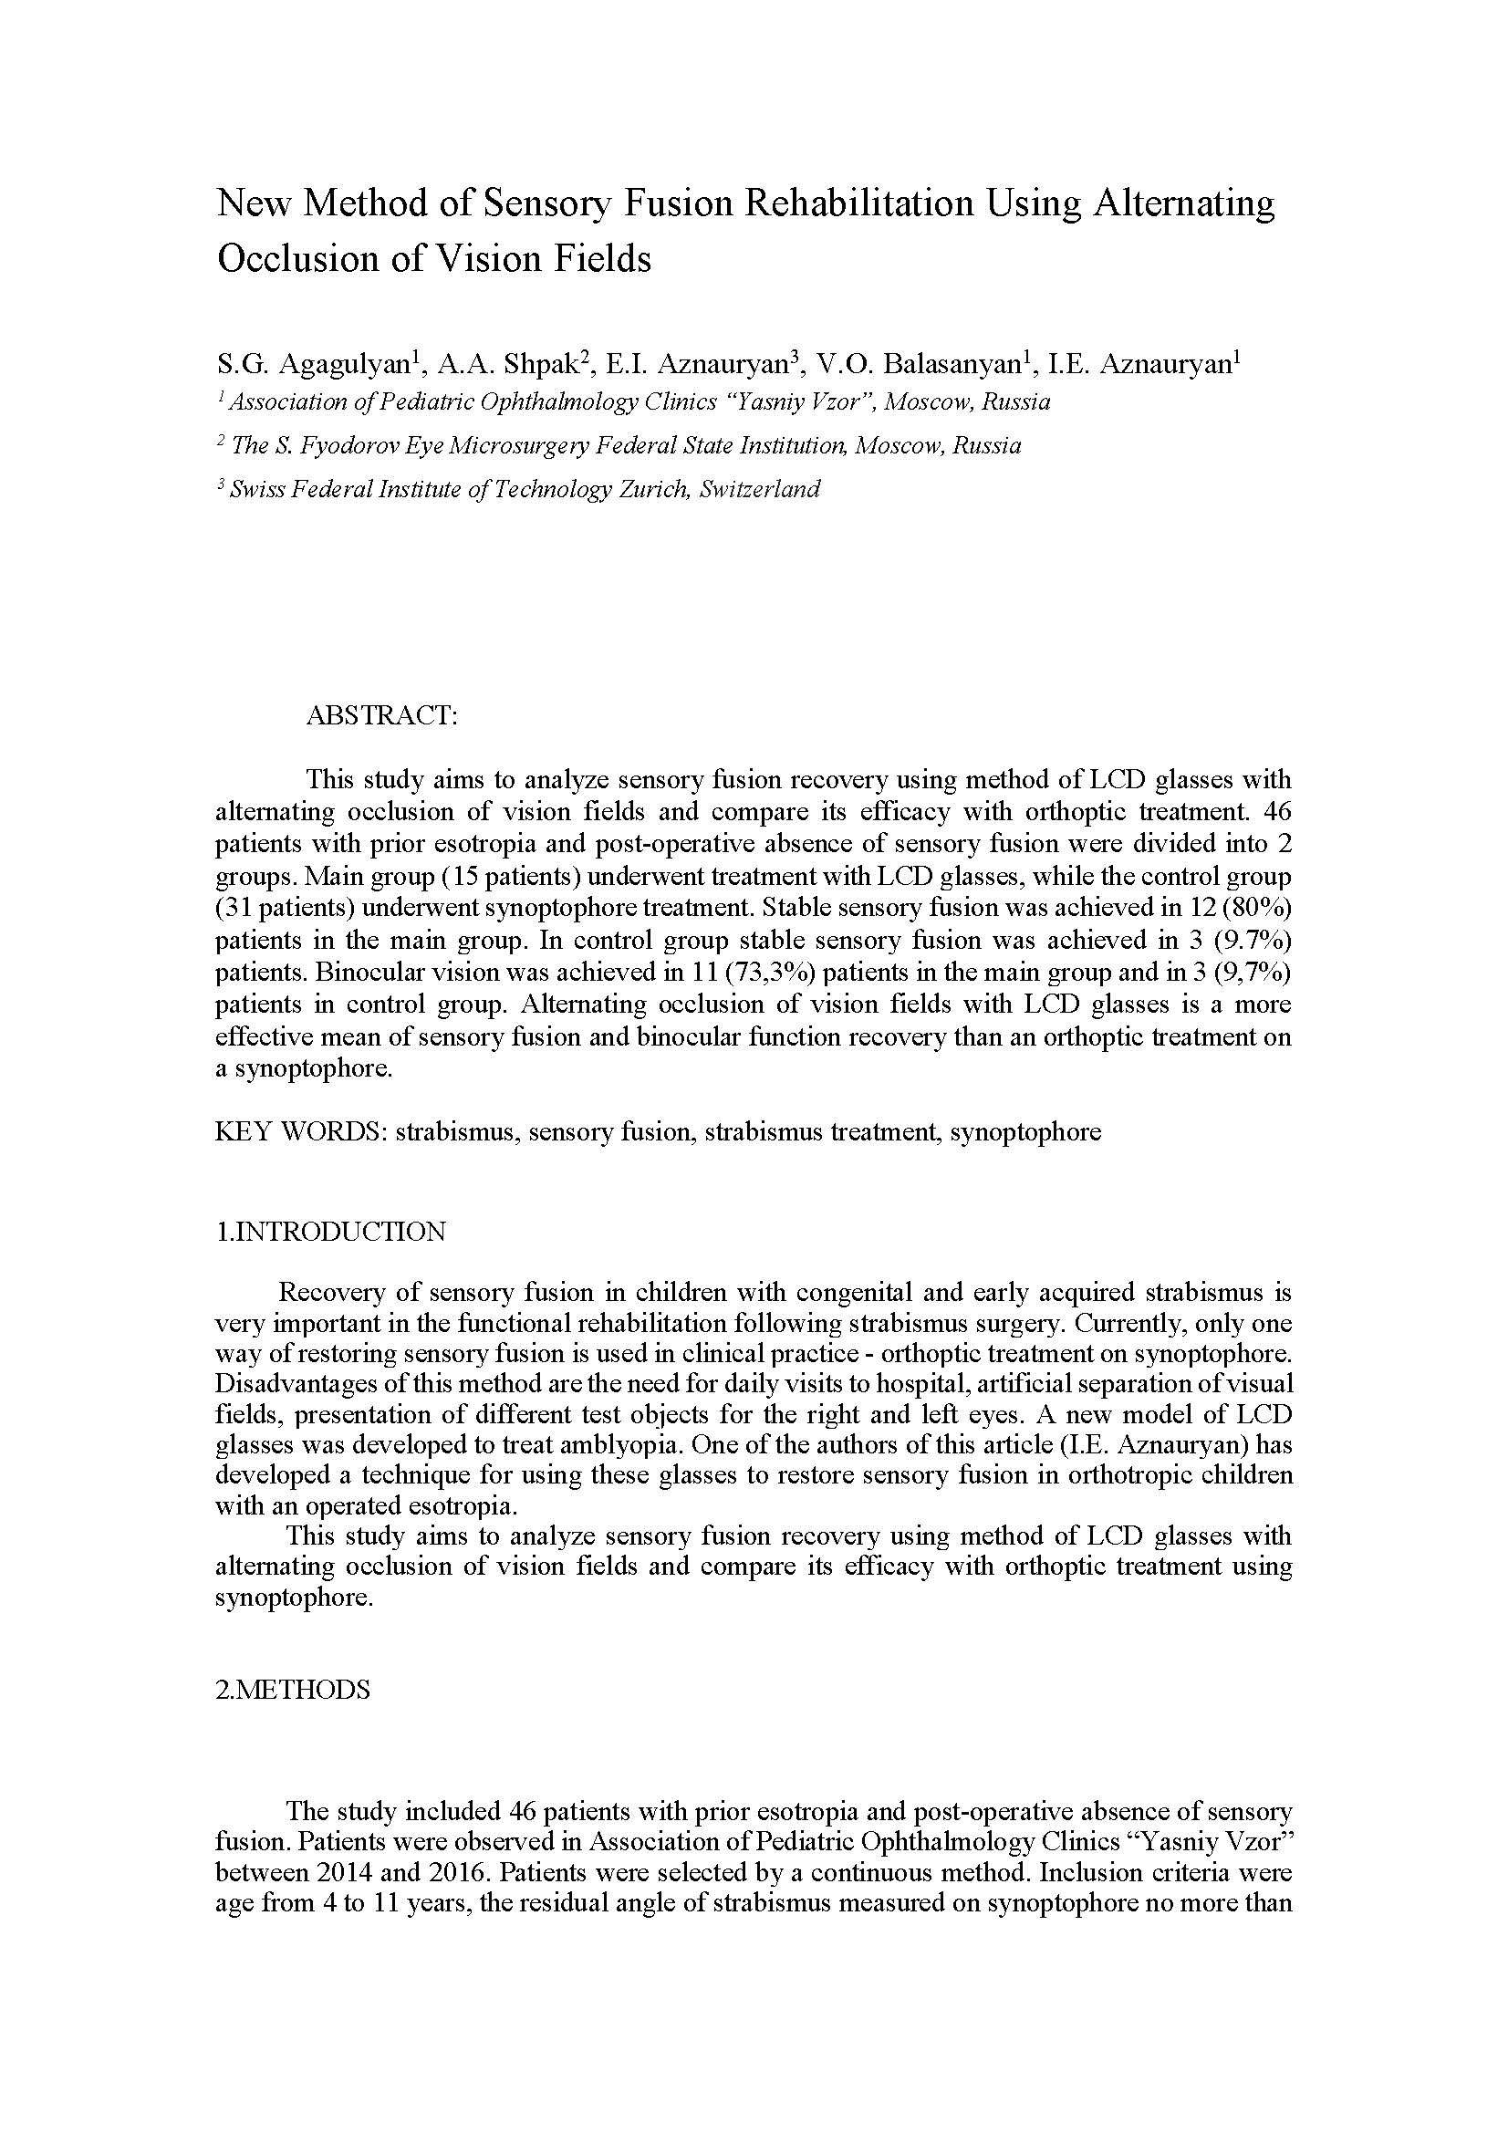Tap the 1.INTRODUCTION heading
pyautogui.click(x=331, y=1233)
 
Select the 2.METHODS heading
pyautogui.click(x=293, y=1690)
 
